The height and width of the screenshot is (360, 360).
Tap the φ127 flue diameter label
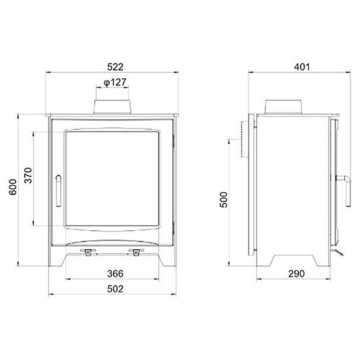pos(115,83)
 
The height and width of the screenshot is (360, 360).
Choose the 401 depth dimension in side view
pos(302,67)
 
